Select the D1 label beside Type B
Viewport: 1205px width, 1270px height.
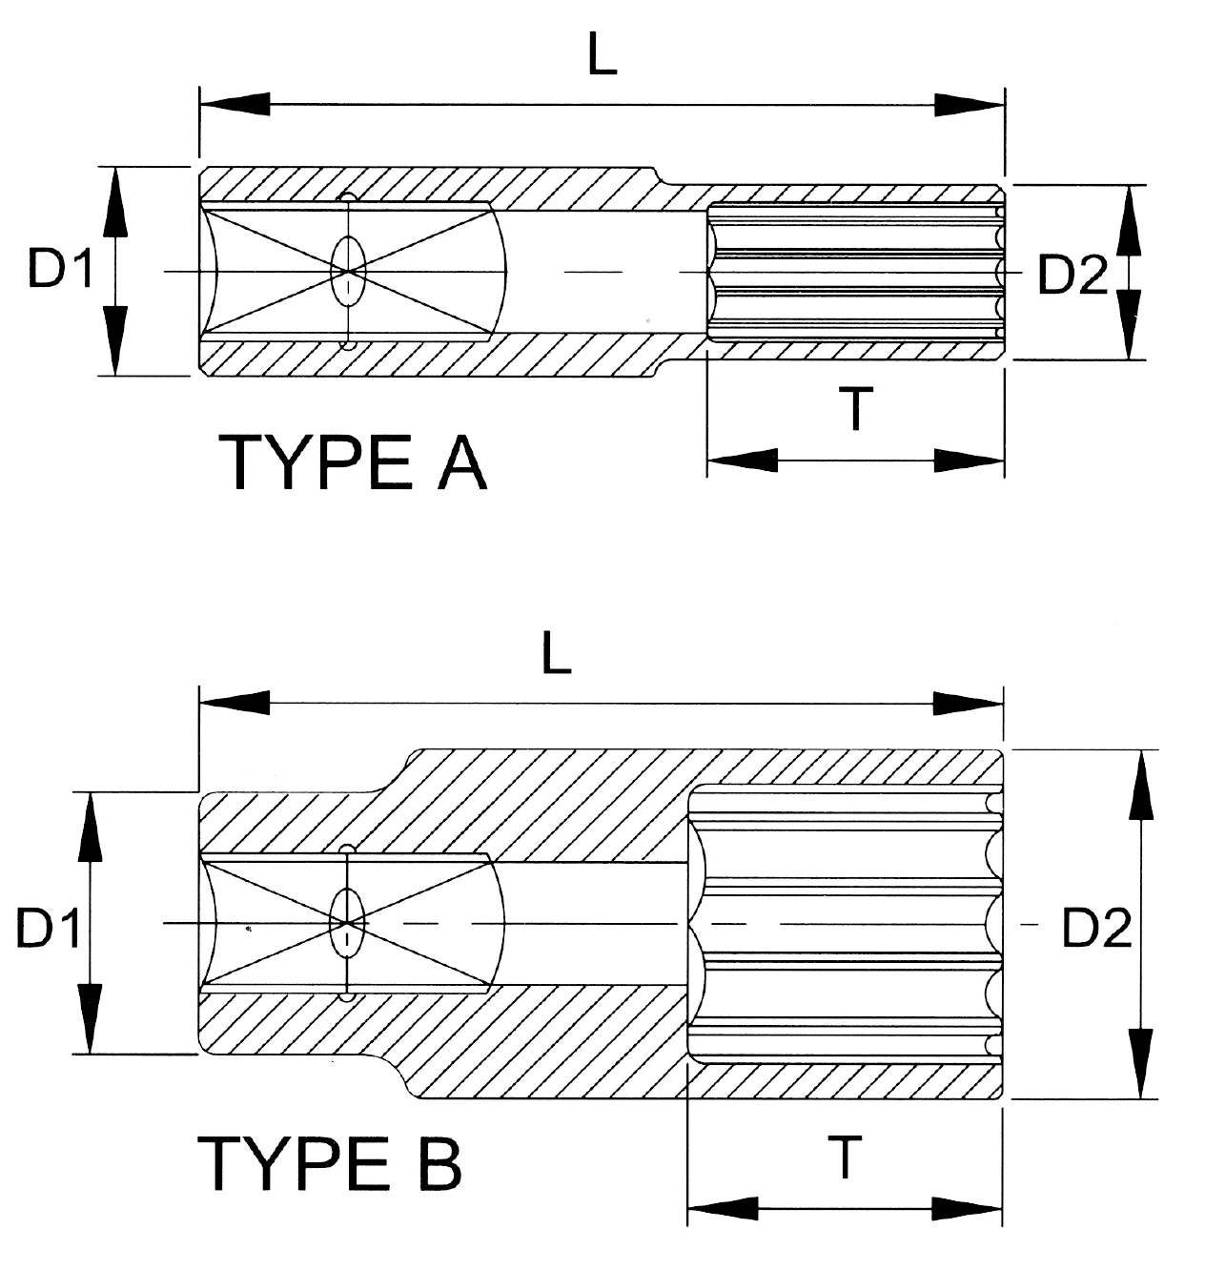pyautogui.click(x=49, y=928)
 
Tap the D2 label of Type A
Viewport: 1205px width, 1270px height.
pyautogui.click(x=1072, y=277)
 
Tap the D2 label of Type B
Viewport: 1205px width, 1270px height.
pyautogui.click(x=1096, y=928)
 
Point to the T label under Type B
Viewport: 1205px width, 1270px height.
pyautogui.click(x=845, y=1157)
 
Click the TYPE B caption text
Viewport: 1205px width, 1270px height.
pyautogui.click(x=330, y=1161)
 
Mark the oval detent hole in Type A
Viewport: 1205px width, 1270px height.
pyautogui.click(x=348, y=272)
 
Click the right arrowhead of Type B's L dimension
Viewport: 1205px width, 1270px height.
pyautogui.click(x=969, y=705)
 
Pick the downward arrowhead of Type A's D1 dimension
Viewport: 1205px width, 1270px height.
pyautogui.click(x=115, y=339)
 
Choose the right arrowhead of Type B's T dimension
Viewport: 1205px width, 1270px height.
pyautogui.click(x=967, y=1208)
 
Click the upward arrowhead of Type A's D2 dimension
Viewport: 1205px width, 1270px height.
pyautogui.click(x=1132, y=220)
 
